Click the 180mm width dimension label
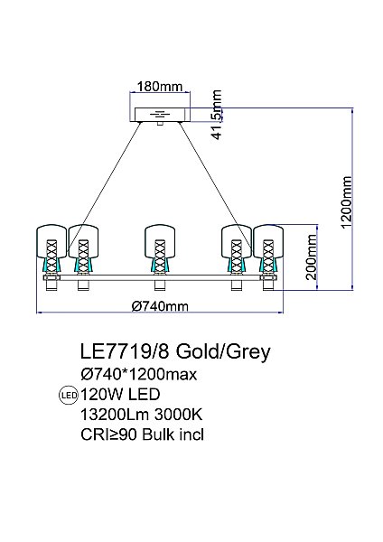(x=160, y=86)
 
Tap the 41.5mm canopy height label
(x=217, y=115)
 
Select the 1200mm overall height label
(x=346, y=202)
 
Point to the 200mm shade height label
(x=312, y=257)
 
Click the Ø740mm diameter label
(x=160, y=306)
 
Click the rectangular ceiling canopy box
(x=160, y=115)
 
